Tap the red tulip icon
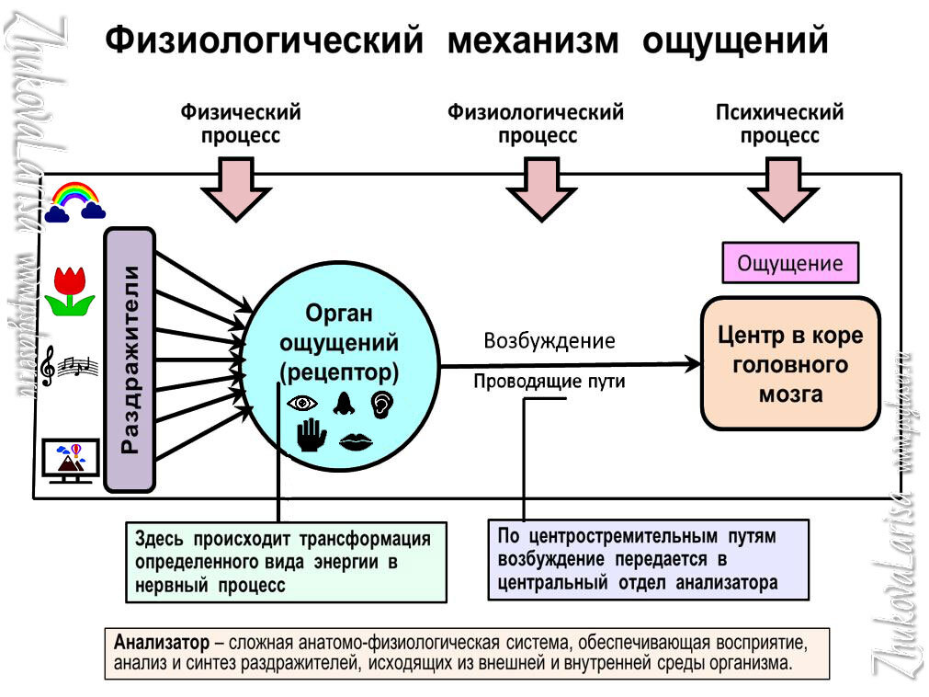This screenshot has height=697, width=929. point(71,291)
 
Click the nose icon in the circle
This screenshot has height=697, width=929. point(344,403)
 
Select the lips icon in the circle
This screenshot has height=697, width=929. point(356,441)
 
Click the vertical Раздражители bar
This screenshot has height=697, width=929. point(130,359)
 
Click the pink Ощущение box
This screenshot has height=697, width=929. point(790,263)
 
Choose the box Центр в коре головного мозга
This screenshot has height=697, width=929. point(789,363)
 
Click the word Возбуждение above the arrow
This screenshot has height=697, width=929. point(549,341)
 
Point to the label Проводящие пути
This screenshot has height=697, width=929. point(549,382)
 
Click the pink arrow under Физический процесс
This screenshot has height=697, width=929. point(236,188)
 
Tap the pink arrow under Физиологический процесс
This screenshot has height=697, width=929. point(541,188)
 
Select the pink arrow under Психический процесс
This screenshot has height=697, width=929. point(783,188)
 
